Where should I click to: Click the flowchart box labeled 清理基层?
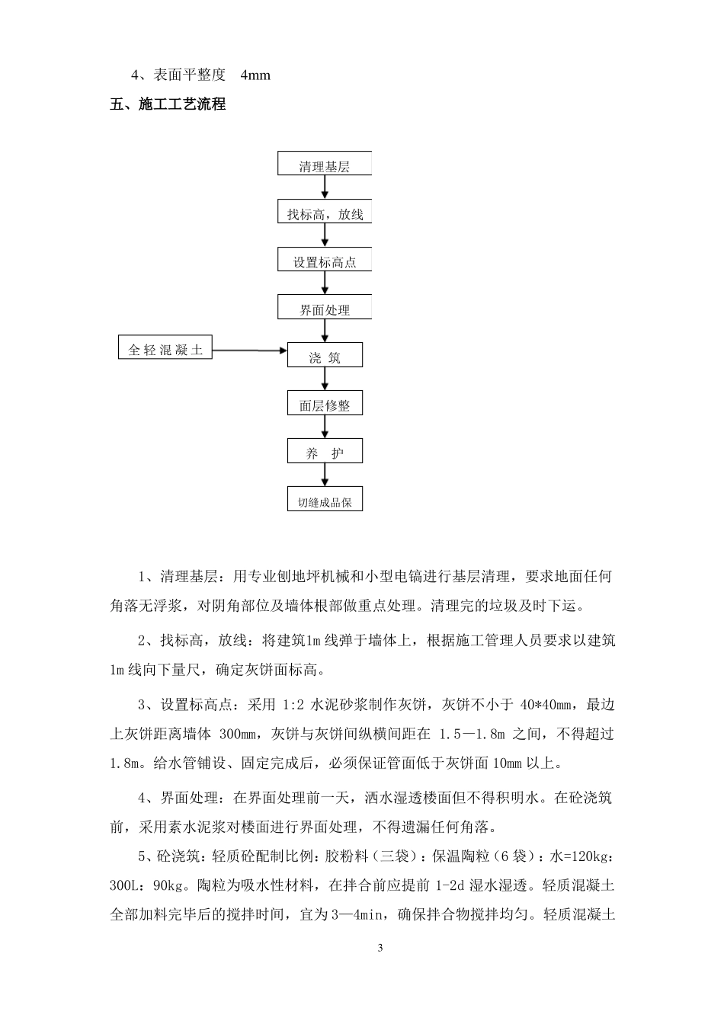pyautogui.click(x=324, y=165)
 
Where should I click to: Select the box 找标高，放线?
pyautogui.click(x=324, y=213)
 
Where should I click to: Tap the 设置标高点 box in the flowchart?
pyautogui.click(x=324, y=261)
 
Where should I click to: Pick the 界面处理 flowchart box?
pyautogui.click(x=324, y=308)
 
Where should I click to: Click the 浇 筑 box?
pyautogui.click(x=324, y=356)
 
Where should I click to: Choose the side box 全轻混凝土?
pyautogui.click(x=165, y=349)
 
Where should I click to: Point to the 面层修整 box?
pyautogui.click(x=324, y=404)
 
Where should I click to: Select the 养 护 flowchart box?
pyautogui.click(x=324, y=452)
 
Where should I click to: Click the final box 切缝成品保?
pyautogui.click(x=324, y=500)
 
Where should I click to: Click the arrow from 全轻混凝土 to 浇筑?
pyautogui.click(x=249, y=350)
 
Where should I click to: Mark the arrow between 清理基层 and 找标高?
pyautogui.click(x=325, y=188)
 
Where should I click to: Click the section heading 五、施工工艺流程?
pyautogui.click(x=168, y=104)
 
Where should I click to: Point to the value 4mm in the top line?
pyautogui.click(x=255, y=75)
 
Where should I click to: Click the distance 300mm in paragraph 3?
pyautogui.click(x=240, y=734)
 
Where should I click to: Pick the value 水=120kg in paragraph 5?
pyautogui.click(x=580, y=857)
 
